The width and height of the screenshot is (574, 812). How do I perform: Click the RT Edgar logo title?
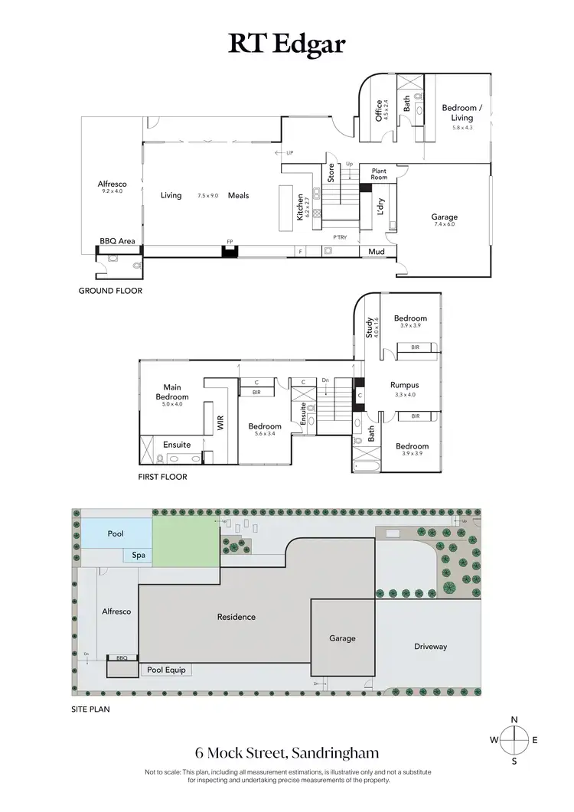click(x=286, y=44)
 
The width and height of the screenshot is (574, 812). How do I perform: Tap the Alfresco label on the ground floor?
click(x=112, y=184)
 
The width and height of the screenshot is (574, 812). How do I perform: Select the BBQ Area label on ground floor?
click(x=117, y=241)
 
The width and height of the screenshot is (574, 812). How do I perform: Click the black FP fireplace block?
click(x=228, y=250)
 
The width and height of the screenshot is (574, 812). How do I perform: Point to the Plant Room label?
click(x=379, y=174)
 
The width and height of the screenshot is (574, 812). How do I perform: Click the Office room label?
click(x=379, y=111)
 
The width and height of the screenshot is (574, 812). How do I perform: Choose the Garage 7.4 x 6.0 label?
click(x=444, y=217)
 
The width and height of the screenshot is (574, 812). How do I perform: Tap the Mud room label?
click(x=376, y=251)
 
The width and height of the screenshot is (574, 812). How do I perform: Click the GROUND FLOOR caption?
click(x=110, y=291)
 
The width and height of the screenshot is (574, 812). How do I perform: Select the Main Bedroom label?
click(x=172, y=392)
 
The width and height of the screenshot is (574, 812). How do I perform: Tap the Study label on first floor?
click(x=369, y=327)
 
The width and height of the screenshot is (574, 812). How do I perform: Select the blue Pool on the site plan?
click(x=117, y=533)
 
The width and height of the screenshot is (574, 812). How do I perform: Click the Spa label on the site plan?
click(x=139, y=556)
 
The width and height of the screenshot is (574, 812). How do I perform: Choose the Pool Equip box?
click(x=166, y=670)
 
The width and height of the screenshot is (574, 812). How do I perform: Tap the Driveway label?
click(x=430, y=647)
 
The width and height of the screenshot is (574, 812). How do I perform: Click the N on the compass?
click(x=515, y=719)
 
